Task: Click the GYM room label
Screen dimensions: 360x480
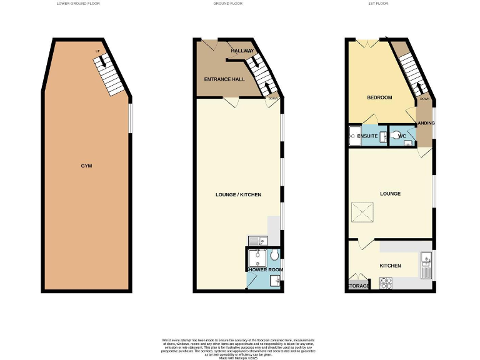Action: click(86, 166)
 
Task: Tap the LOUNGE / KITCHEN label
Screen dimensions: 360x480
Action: click(238, 195)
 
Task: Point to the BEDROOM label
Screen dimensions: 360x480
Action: click(379, 97)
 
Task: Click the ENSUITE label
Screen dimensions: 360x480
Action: click(367, 136)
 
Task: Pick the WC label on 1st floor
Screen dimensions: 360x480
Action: click(402, 136)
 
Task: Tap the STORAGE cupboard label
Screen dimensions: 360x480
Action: click(359, 286)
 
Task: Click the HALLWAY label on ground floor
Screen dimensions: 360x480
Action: click(242, 51)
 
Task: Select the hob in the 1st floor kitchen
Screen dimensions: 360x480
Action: click(387, 283)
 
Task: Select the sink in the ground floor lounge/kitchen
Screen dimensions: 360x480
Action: click(257, 240)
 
